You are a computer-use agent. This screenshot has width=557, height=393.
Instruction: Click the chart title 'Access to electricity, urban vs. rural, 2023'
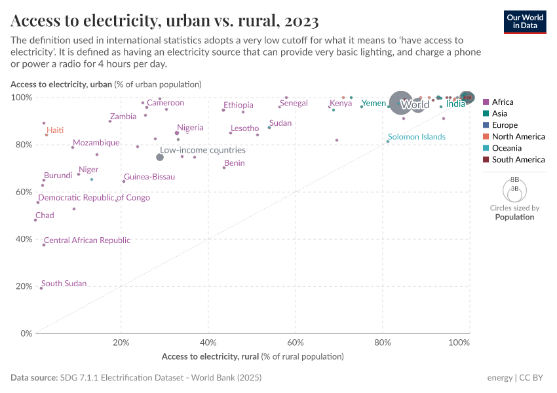pyautogui.click(x=164, y=21)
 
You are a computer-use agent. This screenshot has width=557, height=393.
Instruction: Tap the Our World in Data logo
pyautogui.click(x=525, y=22)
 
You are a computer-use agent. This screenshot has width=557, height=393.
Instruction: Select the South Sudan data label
pyautogui.click(x=64, y=284)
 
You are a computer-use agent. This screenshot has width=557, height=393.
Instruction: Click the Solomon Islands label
pyautogui.click(x=416, y=137)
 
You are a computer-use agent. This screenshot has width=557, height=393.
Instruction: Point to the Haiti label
pyautogui.click(x=55, y=130)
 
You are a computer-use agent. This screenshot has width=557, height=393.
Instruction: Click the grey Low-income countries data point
pyautogui.click(x=160, y=157)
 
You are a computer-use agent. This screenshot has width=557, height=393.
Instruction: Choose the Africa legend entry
pyautogui.click(x=503, y=102)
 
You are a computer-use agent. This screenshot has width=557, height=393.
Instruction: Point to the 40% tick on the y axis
pyautogui.click(x=24, y=239)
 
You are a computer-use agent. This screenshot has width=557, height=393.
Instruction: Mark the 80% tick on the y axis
pyautogui.click(x=24, y=145)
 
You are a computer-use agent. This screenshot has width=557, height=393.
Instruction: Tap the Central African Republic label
pyautogui.click(x=87, y=240)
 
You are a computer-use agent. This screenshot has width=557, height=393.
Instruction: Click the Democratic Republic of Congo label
pyautogui.click(x=94, y=198)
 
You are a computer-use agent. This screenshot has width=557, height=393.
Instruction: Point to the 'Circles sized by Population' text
pyautogui.click(x=514, y=212)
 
